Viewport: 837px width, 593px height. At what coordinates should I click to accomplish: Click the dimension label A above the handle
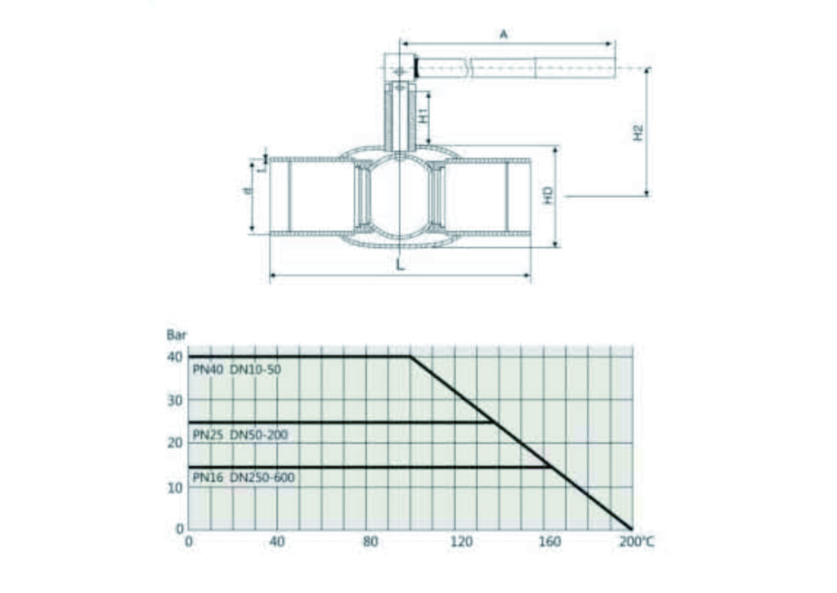[504, 34]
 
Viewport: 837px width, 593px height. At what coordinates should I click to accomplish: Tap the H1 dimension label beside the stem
[423, 115]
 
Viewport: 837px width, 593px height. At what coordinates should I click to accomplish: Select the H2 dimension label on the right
[638, 133]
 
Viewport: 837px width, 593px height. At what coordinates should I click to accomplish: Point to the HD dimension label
[548, 195]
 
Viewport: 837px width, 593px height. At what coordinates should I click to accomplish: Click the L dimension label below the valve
[401, 264]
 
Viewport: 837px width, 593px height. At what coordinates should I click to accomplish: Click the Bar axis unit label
[177, 335]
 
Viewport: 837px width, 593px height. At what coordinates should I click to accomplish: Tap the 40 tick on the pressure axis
[175, 357]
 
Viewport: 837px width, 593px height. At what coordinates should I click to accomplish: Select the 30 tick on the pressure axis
[175, 400]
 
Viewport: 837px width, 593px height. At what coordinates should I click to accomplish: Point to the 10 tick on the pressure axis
[175, 487]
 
